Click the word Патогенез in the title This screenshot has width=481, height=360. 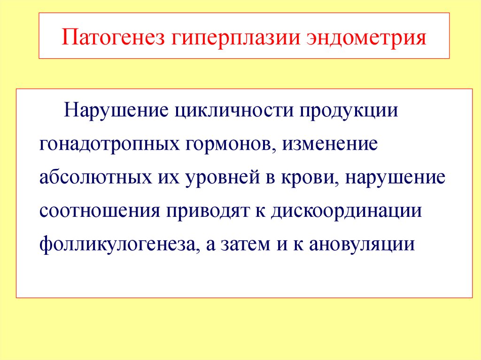(113, 37)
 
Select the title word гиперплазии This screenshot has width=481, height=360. (235, 38)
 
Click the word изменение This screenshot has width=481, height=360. (330, 144)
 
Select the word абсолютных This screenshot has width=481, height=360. (95, 177)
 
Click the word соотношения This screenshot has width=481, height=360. (100, 211)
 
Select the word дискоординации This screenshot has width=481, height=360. (346, 212)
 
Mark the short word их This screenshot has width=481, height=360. (169, 178)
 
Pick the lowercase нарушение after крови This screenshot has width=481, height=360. (396, 178)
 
